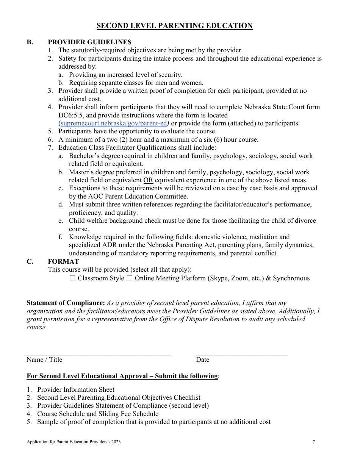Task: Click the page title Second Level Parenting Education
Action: [x=174, y=26]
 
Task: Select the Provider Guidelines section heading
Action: [x=89, y=42]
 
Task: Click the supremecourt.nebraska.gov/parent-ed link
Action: [x=113, y=123]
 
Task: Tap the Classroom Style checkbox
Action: [x=73, y=278]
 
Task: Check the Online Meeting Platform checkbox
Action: [x=129, y=278]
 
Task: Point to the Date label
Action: [x=202, y=360]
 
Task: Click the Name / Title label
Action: [x=44, y=360]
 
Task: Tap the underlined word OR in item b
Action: [x=148, y=180]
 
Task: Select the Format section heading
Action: [x=63, y=261]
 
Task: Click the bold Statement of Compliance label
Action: [x=66, y=303]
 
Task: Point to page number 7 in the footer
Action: [x=313, y=442]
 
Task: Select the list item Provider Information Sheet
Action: [x=76, y=389]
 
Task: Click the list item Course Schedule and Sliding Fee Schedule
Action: [x=98, y=414]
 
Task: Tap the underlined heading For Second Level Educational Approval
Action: [x=122, y=376]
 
